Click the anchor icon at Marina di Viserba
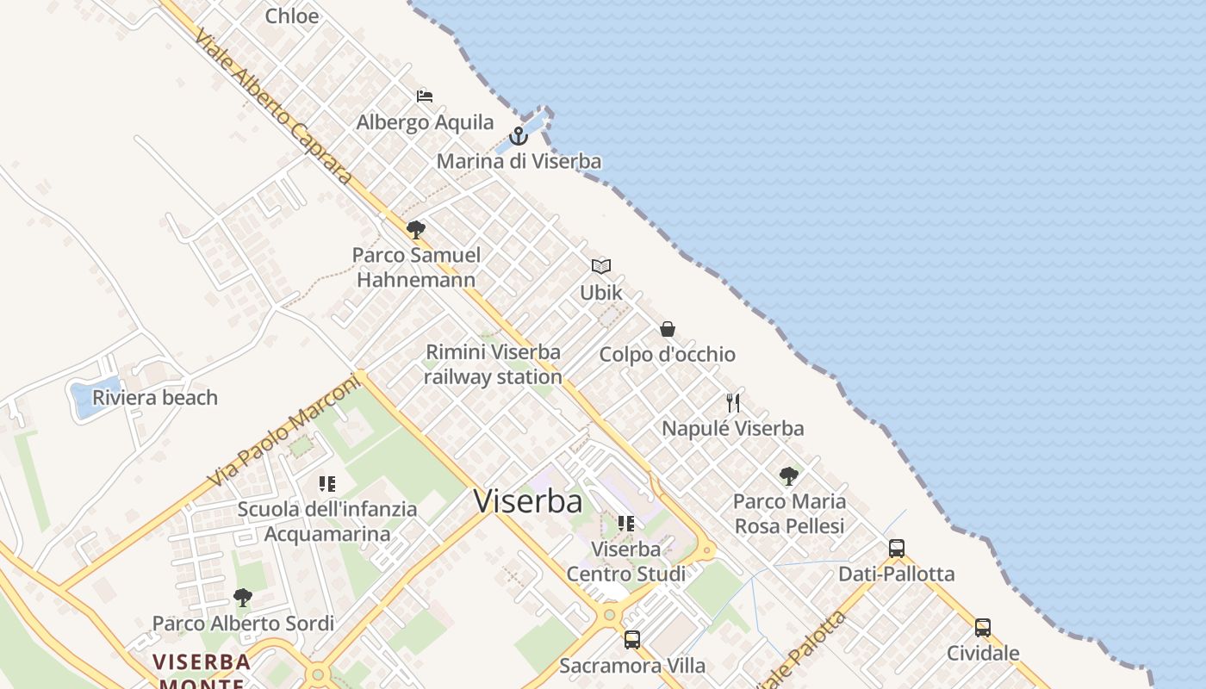click(x=518, y=136)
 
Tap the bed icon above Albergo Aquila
click(x=425, y=96)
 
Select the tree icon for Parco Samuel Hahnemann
click(x=416, y=229)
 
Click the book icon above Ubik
click(x=601, y=267)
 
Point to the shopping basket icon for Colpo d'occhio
click(x=668, y=329)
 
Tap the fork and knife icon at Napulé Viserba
click(x=733, y=402)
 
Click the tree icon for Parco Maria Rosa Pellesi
click(x=788, y=475)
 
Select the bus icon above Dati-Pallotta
click(x=896, y=549)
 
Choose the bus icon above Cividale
click(x=983, y=628)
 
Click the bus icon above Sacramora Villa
click(x=632, y=640)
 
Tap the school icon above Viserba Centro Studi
click(x=626, y=523)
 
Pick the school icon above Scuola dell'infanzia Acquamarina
click(x=326, y=484)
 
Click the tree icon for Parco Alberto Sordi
click(x=243, y=597)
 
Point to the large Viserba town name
click(x=528, y=501)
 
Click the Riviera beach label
click(x=155, y=398)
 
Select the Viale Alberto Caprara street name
click(x=273, y=107)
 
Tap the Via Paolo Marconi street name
click(x=283, y=431)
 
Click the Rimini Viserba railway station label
click(x=493, y=364)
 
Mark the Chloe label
click(x=292, y=16)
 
